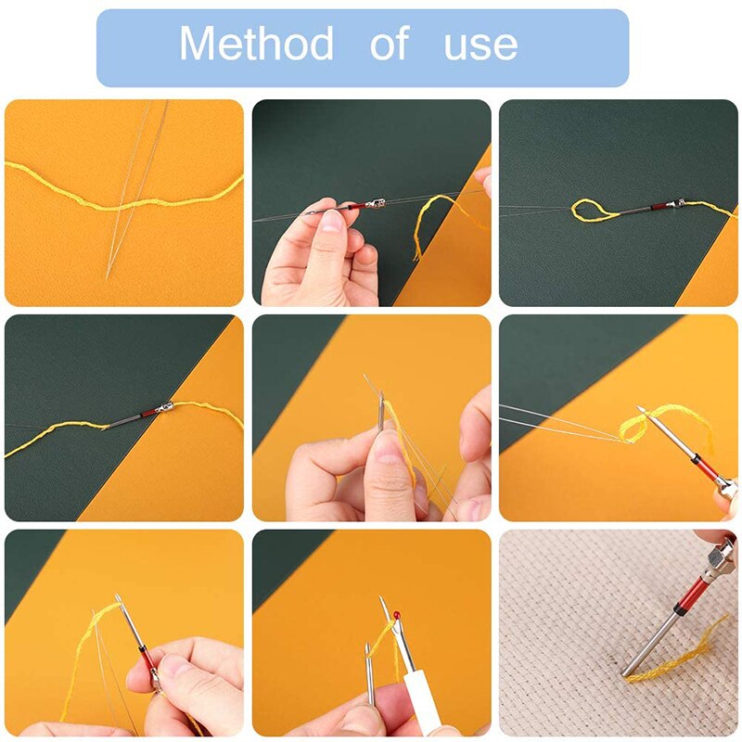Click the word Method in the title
(x=256, y=45)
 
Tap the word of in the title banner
(x=389, y=45)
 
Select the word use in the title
(x=480, y=45)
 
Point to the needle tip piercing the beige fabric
(x=625, y=670)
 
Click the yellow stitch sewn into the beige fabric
(x=668, y=661)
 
